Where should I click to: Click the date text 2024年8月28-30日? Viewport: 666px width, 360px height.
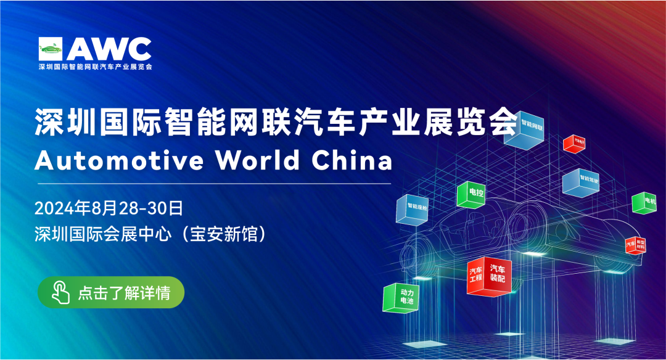pos(109,208)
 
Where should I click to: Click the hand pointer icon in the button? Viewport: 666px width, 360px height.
pos(60,292)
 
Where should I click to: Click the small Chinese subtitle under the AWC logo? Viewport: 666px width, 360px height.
pos(94,66)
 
